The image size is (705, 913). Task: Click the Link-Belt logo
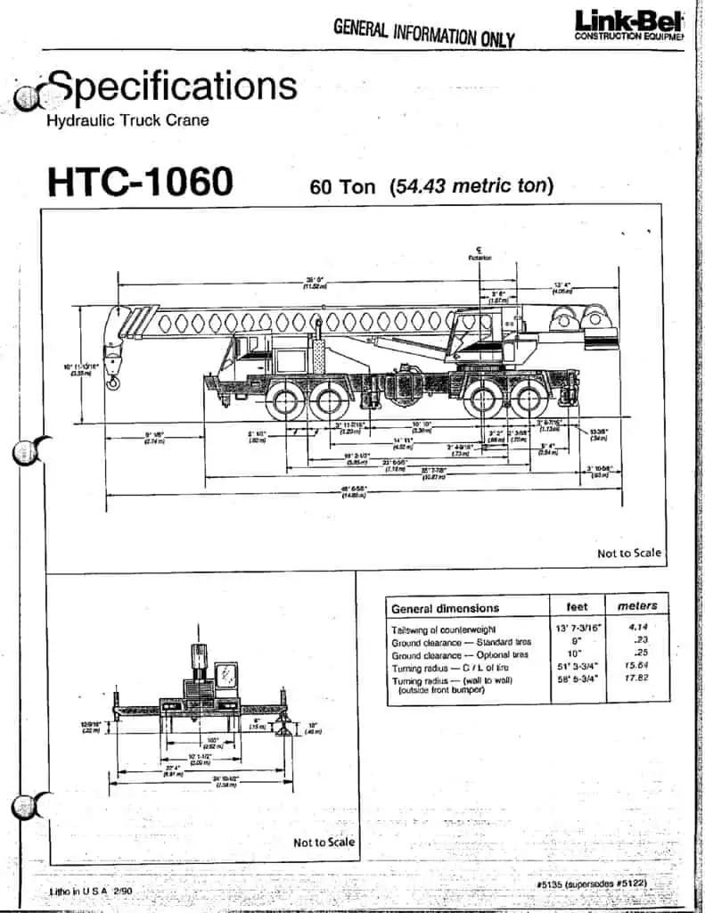click(x=627, y=24)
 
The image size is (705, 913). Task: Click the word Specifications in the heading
click(x=173, y=86)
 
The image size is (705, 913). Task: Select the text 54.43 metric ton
click(x=471, y=186)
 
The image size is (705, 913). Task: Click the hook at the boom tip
click(x=113, y=382)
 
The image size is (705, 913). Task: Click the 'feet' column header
click(x=577, y=606)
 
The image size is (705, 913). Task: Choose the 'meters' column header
click(x=637, y=606)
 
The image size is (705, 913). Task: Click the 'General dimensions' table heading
click(x=445, y=608)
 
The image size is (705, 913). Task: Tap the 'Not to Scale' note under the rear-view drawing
click(x=324, y=843)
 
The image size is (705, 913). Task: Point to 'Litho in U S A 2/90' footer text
click(x=91, y=891)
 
